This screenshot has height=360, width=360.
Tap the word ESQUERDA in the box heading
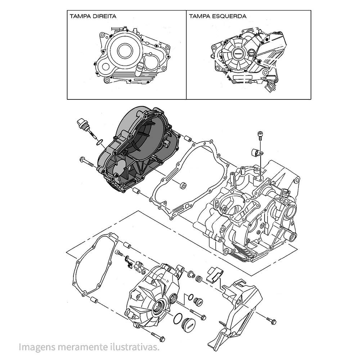pos(233,16)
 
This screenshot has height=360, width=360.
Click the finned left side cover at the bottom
pos(151,295)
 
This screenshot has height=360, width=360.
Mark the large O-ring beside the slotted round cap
pos(177,319)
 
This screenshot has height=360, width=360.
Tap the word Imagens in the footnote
pos(35,347)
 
